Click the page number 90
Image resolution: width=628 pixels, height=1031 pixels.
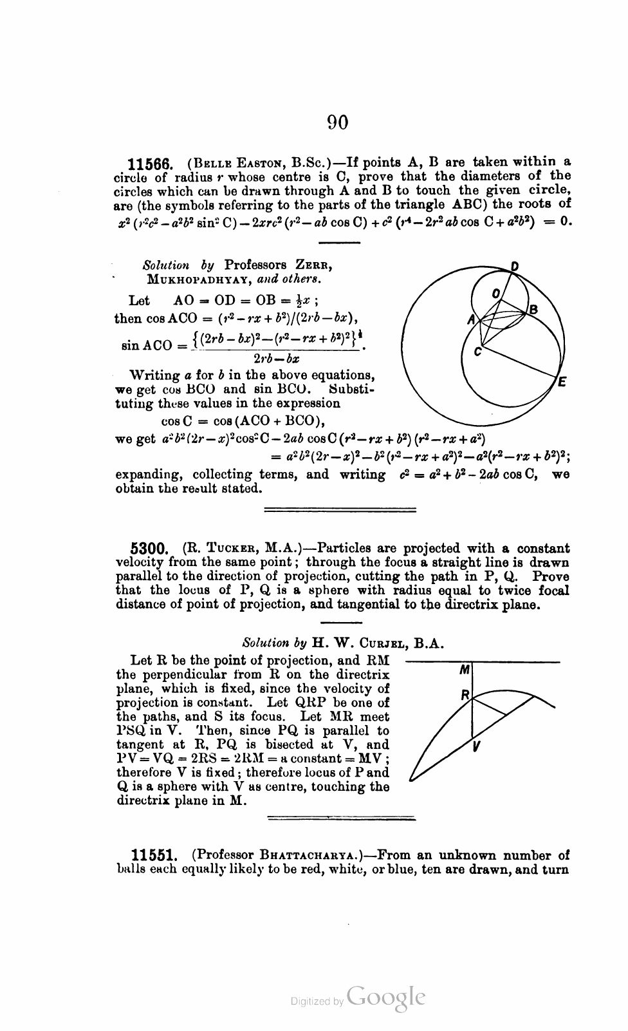tap(338, 122)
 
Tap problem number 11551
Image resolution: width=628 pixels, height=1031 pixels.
tap(154, 856)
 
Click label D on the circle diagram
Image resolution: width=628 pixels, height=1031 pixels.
tap(515, 266)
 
